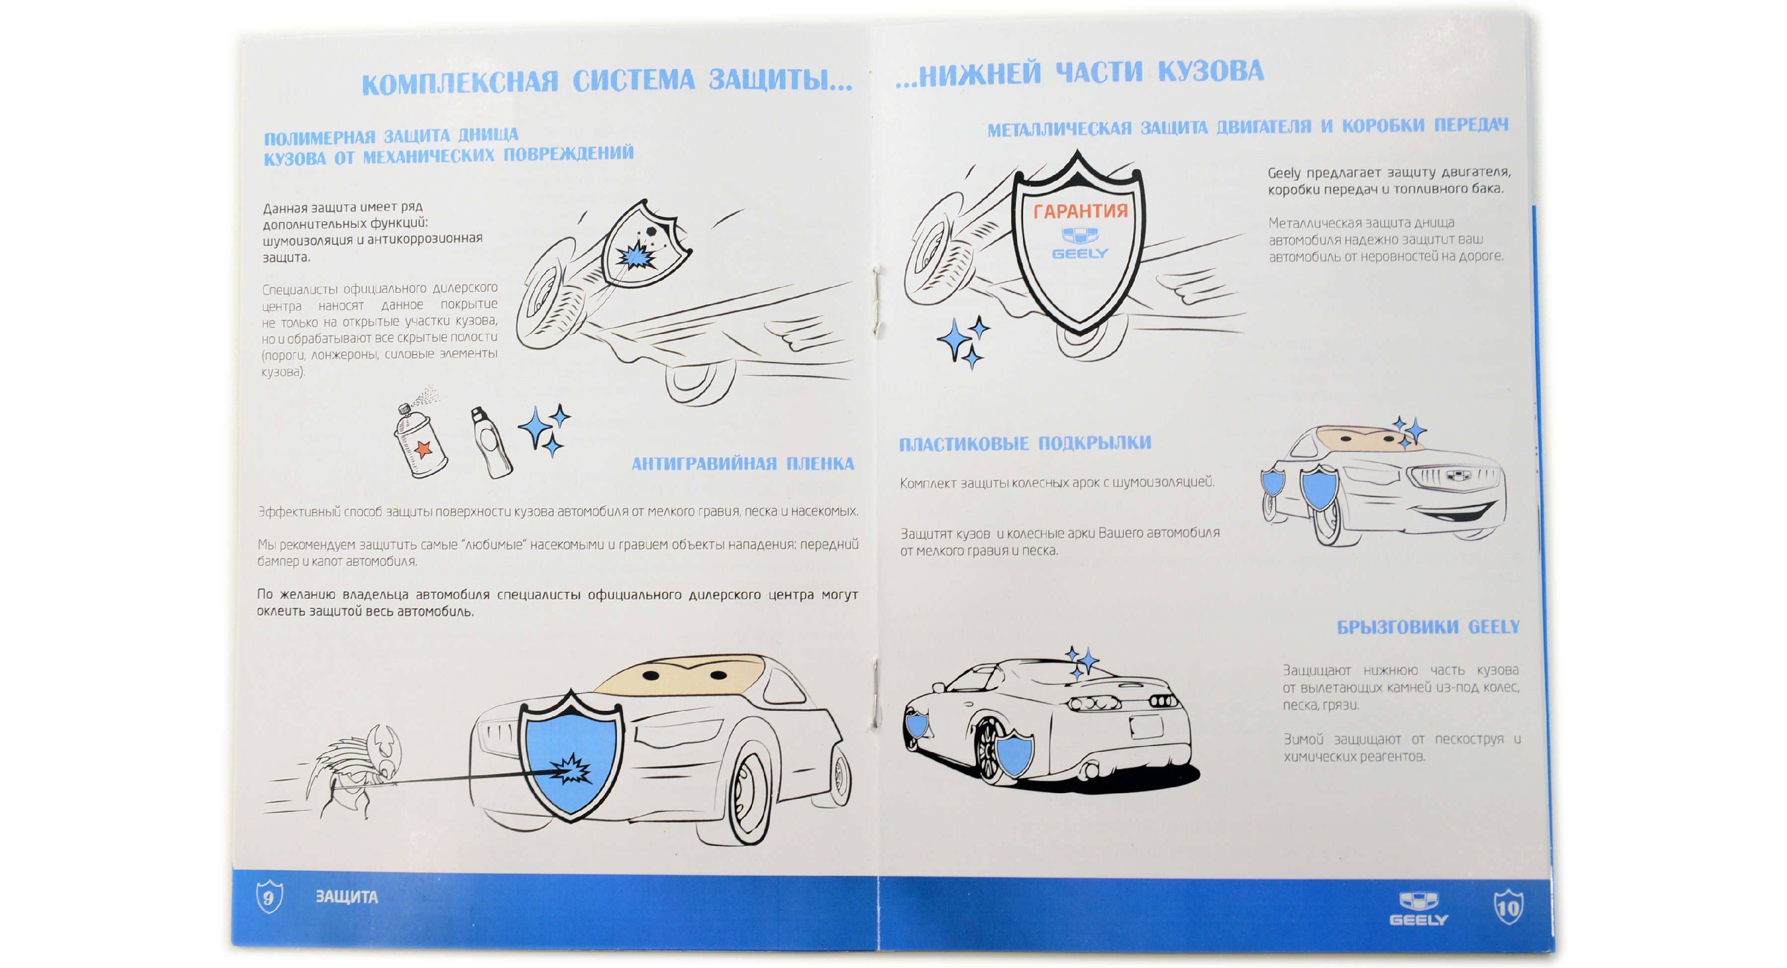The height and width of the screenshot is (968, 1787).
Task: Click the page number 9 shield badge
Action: point(269,897)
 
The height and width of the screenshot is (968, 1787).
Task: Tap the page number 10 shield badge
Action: point(1508,907)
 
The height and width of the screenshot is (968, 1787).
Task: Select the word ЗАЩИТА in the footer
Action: point(347,897)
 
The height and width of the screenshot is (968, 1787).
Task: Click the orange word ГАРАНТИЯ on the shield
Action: point(1080,211)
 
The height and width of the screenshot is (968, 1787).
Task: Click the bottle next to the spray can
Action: point(492,444)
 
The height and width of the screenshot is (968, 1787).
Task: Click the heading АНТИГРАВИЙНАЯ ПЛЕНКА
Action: point(742,464)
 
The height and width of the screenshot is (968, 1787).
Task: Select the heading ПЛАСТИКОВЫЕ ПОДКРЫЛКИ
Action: point(1025,443)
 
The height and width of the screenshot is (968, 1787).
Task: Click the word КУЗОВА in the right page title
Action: point(1211,71)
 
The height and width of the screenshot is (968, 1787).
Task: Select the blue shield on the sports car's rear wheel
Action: point(1014,754)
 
